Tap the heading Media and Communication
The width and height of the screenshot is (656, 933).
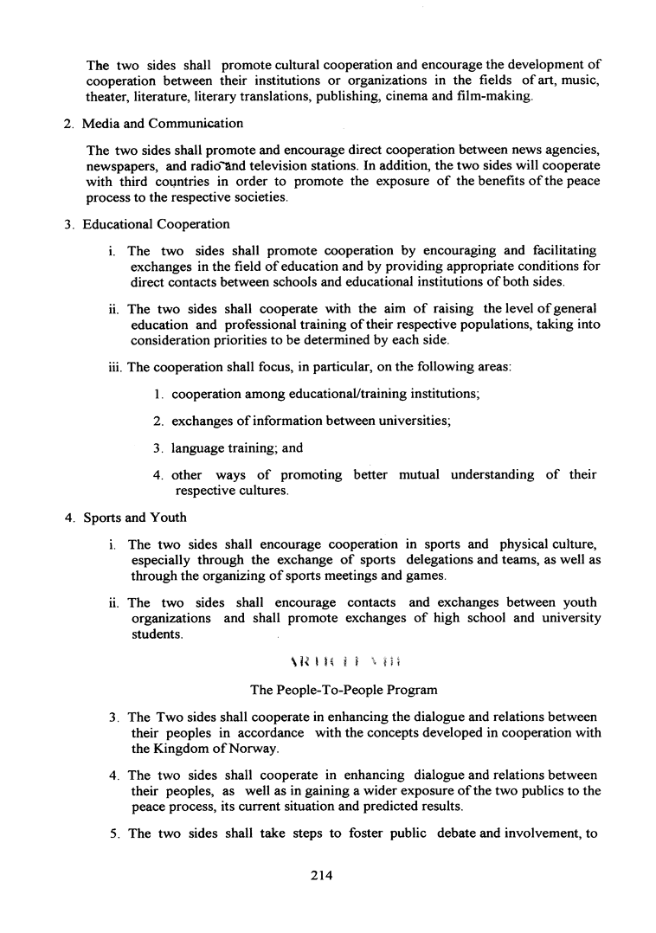coord(163,124)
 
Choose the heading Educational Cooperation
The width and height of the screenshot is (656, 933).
coord(156,225)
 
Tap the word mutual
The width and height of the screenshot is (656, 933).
coord(425,475)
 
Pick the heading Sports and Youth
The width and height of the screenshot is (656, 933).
coord(134,518)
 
